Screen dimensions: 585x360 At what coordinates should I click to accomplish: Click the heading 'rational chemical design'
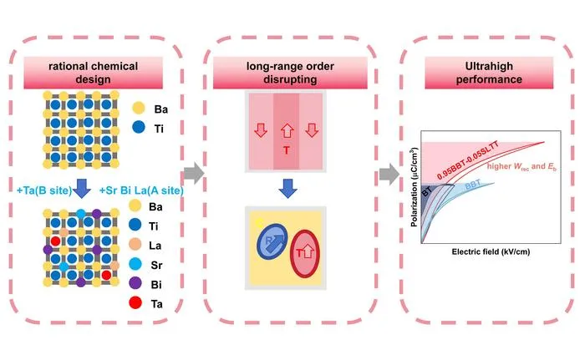[x=94, y=73]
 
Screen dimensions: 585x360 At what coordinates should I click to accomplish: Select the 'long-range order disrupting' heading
[x=290, y=73]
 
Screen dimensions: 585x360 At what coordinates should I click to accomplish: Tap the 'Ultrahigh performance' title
[x=489, y=73]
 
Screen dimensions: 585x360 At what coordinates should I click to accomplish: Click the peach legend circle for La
[x=135, y=245]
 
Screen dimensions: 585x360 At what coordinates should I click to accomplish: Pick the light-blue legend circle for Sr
[x=135, y=264]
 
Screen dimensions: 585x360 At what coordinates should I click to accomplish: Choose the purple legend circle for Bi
[x=135, y=283]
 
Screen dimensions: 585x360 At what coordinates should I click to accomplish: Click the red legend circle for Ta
[x=135, y=302]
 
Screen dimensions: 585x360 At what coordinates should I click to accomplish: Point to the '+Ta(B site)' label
[x=44, y=190]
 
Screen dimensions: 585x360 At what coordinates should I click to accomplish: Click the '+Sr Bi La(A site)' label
[x=141, y=190]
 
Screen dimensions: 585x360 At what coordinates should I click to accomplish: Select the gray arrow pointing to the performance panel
[x=389, y=174]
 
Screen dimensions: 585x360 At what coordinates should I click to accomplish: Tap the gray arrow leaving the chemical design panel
[x=194, y=173]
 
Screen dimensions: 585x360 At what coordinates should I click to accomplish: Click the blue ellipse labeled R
[x=272, y=241]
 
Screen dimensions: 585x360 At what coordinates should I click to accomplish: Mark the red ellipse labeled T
[x=305, y=253]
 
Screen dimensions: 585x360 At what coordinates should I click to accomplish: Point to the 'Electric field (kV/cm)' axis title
[x=491, y=251]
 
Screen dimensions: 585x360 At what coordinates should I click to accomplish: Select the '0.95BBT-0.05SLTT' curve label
[x=468, y=160]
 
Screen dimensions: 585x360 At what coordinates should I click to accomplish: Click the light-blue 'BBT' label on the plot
[x=473, y=185]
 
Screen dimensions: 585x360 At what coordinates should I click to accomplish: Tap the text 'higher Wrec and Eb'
[x=521, y=166]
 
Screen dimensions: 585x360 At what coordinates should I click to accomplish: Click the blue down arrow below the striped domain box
[x=287, y=189]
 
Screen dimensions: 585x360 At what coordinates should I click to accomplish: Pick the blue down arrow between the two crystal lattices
[x=82, y=189]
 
